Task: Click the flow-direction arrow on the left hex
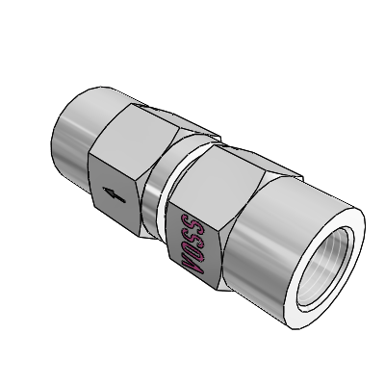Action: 114,195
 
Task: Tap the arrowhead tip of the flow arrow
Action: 103,190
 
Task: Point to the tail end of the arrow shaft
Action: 125,201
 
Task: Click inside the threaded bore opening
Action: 324,269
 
